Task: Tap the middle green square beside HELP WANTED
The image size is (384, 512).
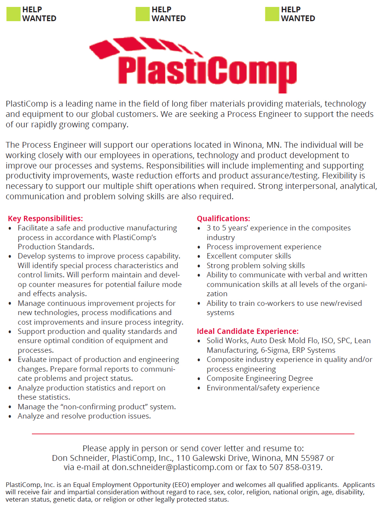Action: (x=143, y=14)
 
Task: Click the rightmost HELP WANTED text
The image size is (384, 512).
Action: (x=298, y=14)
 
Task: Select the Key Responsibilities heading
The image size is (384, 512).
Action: (x=45, y=218)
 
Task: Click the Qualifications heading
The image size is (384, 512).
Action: (x=223, y=218)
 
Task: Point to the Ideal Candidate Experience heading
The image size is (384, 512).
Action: (x=248, y=331)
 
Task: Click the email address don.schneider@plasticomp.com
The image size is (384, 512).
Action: (x=172, y=467)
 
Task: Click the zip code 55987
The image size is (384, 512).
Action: (x=312, y=458)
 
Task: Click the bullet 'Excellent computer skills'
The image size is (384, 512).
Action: (x=249, y=256)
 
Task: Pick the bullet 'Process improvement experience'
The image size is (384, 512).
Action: (x=264, y=247)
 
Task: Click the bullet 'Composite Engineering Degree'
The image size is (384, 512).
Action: (x=259, y=379)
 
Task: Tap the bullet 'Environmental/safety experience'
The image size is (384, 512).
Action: (x=263, y=388)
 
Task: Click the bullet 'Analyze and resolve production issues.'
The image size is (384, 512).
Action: (x=84, y=416)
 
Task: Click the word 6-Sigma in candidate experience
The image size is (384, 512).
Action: (x=274, y=350)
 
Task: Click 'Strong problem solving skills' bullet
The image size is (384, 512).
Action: (x=256, y=266)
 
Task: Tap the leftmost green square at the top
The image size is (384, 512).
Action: (x=13, y=14)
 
